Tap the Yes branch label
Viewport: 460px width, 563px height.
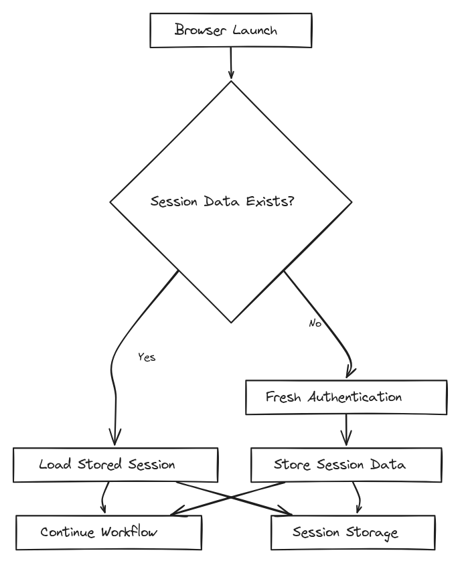(x=147, y=357)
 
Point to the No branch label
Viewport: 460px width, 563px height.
(x=315, y=323)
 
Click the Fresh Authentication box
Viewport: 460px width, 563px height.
(x=346, y=397)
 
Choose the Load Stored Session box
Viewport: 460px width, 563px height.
(x=115, y=465)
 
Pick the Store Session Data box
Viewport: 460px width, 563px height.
(x=346, y=465)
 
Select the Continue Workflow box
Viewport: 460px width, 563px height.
(x=108, y=532)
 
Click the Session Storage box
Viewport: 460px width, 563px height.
(x=353, y=532)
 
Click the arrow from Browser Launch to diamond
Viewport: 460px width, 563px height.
(x=231, y=64)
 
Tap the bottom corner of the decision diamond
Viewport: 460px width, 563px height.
(x=231, y=322)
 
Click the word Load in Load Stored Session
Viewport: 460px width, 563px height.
(x=52, y=465)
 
